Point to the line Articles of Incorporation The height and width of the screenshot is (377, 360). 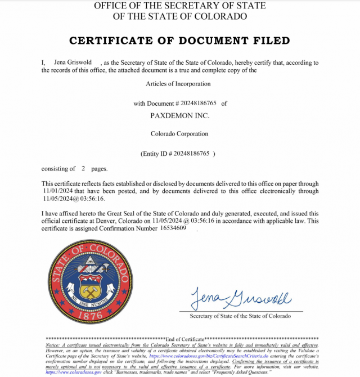[179, 84]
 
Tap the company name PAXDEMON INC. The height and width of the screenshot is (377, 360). [179, 115]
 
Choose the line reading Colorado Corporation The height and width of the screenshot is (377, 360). [179, 134]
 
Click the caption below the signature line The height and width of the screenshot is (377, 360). [240, 316]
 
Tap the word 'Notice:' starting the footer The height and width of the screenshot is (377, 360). [53, 344]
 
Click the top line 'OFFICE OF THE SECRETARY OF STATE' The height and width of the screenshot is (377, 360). [179, 6]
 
